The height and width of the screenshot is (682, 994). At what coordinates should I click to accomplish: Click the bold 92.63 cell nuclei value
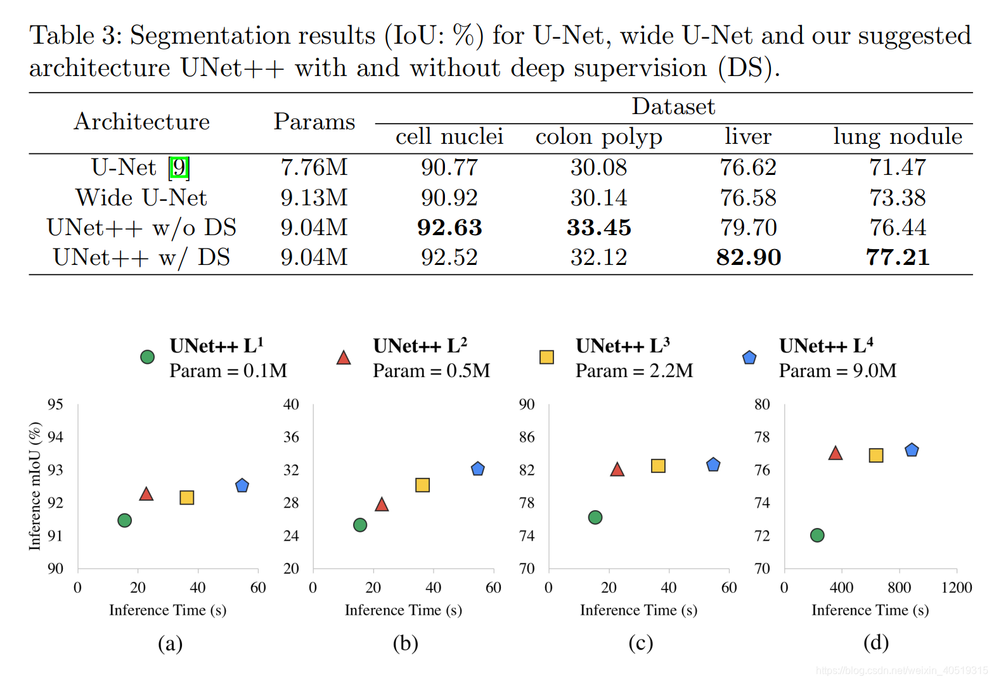point(449,228)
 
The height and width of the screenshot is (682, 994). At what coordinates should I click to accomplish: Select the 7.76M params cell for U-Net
point(314,167)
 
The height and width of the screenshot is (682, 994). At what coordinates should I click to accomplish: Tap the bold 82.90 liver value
point(748,257)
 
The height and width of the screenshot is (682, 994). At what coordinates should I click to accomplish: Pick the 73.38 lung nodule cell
point(897,198)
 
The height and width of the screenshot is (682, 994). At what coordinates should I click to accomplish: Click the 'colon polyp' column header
point(598,137)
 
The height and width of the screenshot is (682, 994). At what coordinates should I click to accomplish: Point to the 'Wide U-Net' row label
point(141,198)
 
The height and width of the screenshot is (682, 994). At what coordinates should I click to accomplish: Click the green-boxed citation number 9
point(179,167)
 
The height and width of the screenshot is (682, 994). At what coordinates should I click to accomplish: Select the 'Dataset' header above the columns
point(673,106)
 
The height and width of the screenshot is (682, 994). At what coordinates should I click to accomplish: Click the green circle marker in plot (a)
point(125,520)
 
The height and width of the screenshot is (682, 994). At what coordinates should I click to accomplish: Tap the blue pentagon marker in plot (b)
point(478,469)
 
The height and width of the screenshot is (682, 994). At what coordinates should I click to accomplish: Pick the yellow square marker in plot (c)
point(658,466)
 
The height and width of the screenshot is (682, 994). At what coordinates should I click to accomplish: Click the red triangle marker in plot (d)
point(836,453)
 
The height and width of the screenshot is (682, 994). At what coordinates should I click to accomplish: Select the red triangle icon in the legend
point(344,358)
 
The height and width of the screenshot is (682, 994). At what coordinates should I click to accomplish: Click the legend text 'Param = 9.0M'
point(837,371)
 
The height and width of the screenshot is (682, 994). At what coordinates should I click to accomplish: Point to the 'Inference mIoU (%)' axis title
point(35,486)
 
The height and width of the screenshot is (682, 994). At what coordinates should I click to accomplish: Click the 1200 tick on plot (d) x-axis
point(956,588)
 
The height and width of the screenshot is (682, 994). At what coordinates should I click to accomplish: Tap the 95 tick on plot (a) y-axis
point(56,404)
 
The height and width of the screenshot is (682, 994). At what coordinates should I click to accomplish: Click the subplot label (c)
point(640,643)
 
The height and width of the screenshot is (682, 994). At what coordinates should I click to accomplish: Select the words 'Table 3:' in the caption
point(75,35)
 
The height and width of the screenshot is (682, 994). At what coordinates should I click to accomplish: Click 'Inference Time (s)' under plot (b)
point(403,610)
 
